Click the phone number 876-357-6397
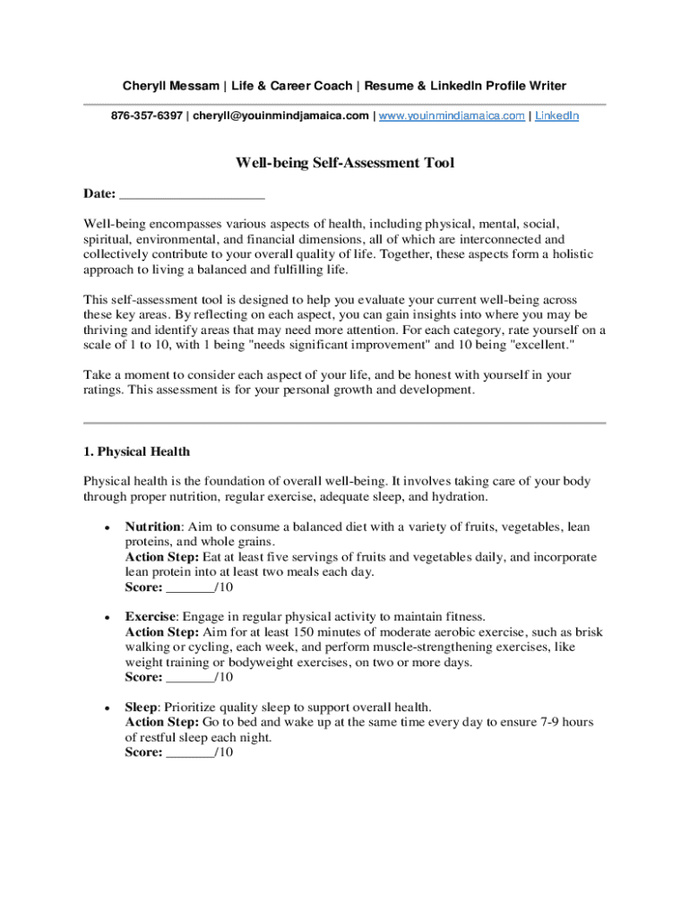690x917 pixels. [146, 116]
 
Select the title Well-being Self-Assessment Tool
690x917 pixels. [345, 163]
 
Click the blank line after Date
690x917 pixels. [192, 194]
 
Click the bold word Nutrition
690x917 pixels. [153, 527]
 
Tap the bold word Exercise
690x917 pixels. [150, 617]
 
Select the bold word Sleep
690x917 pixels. [141, 707]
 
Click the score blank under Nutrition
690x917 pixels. [190, 588]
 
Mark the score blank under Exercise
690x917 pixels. [190, 678]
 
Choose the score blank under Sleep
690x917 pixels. [190, 753]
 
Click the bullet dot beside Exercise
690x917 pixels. [107, 618]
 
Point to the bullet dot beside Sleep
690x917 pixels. [107, 707]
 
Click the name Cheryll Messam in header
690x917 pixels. [171, 86]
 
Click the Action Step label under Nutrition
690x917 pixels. [162, 557]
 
